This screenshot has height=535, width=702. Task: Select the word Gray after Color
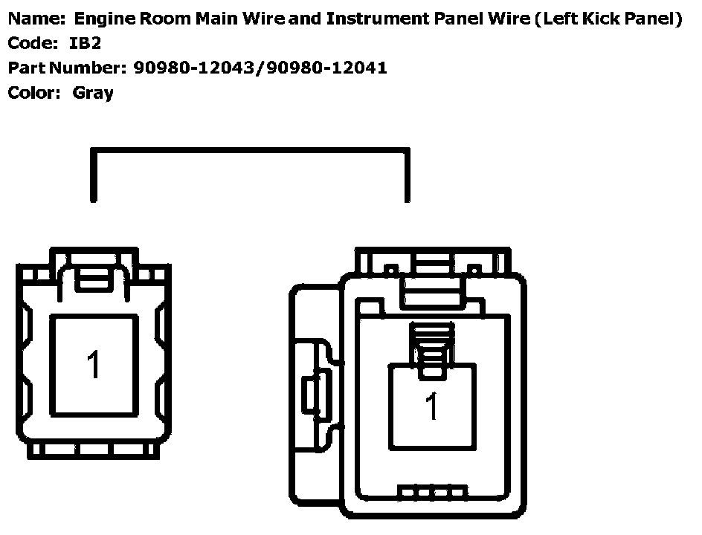pyautogui.click(x=93, y=93)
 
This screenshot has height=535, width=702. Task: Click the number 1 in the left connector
pyautogui.click(x=93, y=364)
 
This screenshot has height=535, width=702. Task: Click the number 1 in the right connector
pyautogui.click(x=432, y=406)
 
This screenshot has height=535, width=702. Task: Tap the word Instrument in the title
pyautogui.click(x=373, y=19)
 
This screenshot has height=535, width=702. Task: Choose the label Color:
pyautogui.click(x=33, y=93)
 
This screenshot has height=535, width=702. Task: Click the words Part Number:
pyautogui.click(x=66, y=68)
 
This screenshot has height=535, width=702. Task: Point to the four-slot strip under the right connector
pyautogui.click(x=433, y=493)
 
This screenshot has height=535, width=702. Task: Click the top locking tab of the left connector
pyautogui.click(x=92, y=276)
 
